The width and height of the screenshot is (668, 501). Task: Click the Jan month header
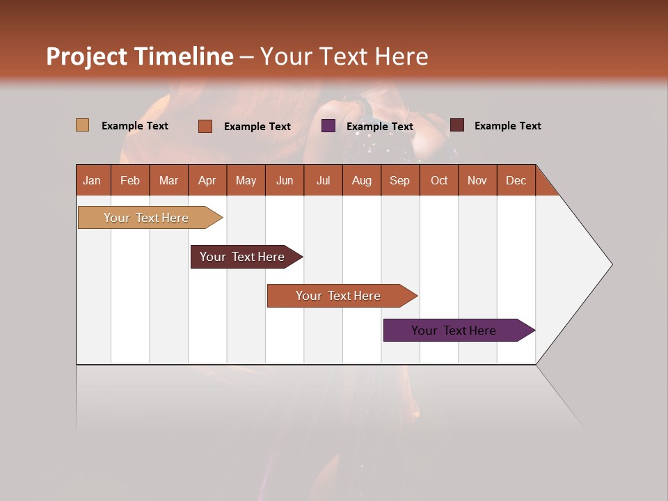pyautogui.click(x=92, y=180)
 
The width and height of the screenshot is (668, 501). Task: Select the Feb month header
pyautogui.click(x=130, y=180)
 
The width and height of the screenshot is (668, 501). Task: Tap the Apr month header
pyautogui.click(x=207, y=180)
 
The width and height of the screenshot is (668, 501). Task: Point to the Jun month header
pyautogui.click(x=285, y=180)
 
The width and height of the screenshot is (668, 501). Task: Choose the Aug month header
pyautogui.click(x=361, y=180)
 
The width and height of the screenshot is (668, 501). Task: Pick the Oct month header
pyautogui.click(x=439, y=180)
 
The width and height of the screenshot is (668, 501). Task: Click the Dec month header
pyautogui.click(x=516, y=180)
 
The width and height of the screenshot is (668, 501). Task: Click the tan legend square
pyautogui.click(x=82, y=125)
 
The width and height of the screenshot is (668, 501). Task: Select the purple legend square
pyautogui.click(x=328, y=125)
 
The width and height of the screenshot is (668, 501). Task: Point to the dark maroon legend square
pyautogui.click(x=456, y=125)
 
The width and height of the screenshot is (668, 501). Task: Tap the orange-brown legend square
pyautogui.click(x=205, y=126)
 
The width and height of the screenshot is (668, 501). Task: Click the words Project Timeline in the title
pyautogui.click(x=139, y=56)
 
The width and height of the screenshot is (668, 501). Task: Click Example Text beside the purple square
pyautogui.click(x=380, y=127)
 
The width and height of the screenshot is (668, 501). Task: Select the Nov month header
pyautogui.click(x=477, y=180)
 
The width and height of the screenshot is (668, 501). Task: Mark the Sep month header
pyautogui.click(x=399, y=180)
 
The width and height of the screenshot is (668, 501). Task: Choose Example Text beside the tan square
pyautogui.click(x=135, y=126)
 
